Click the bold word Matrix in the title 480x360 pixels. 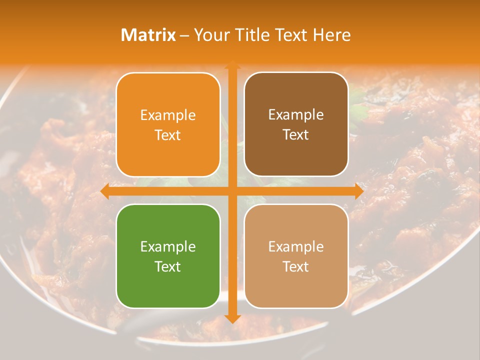[x=148, y=35]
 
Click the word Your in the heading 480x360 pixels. [x=210, y=35]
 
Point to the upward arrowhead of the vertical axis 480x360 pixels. [x=232, y=65]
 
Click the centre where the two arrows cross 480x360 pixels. [x=232, y=191]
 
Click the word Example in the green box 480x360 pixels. [x=168, y=246]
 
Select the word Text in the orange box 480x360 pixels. [x=168, y=135]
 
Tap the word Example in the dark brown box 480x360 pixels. [x=296, y=114]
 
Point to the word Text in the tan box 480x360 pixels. [x=296, y=266]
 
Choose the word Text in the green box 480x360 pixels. [x=168, y=266]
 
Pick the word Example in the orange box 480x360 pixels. [x=168, y=115]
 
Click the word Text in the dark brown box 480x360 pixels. [x=296, y=134]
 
